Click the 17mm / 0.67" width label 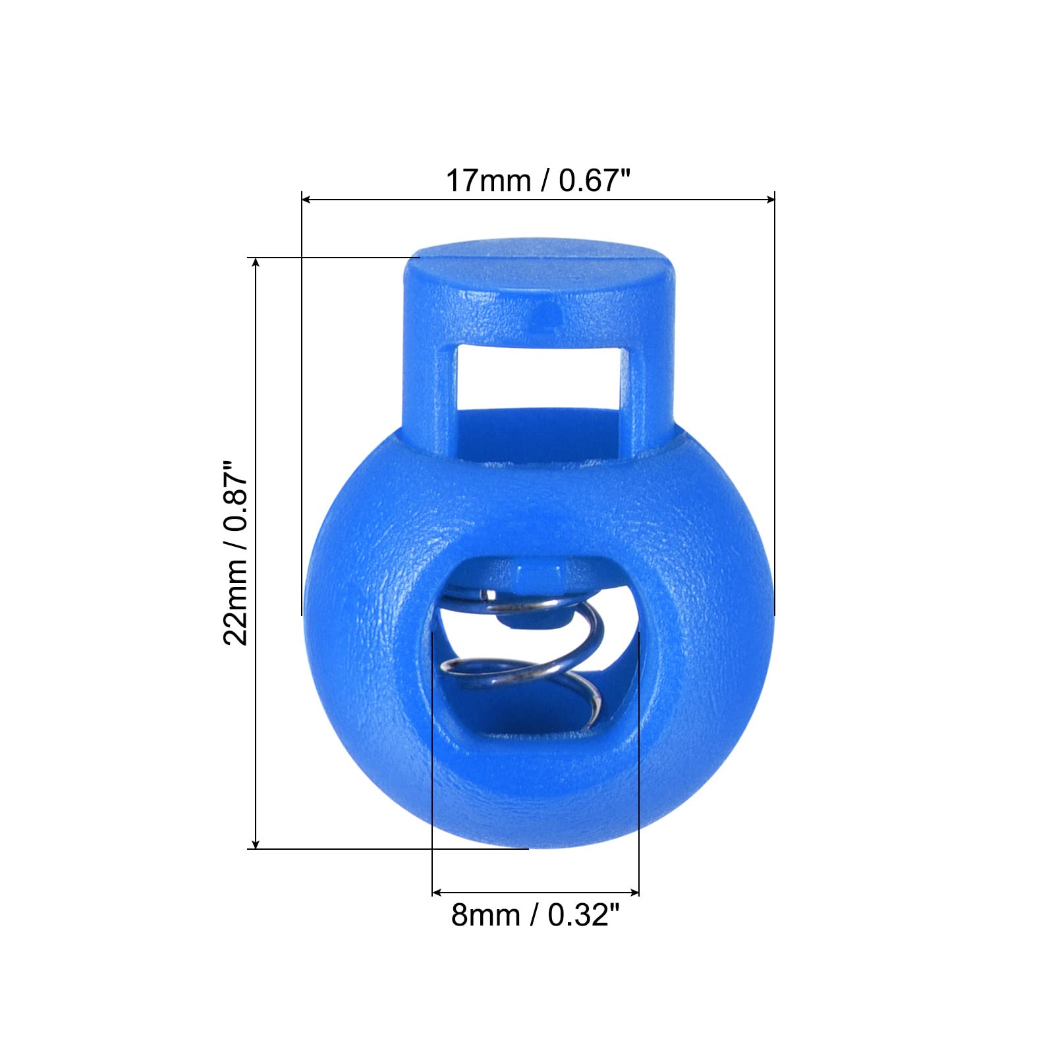tap(538, 180)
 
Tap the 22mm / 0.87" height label tap(235, 553)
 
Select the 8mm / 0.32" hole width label tap(536, 916)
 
